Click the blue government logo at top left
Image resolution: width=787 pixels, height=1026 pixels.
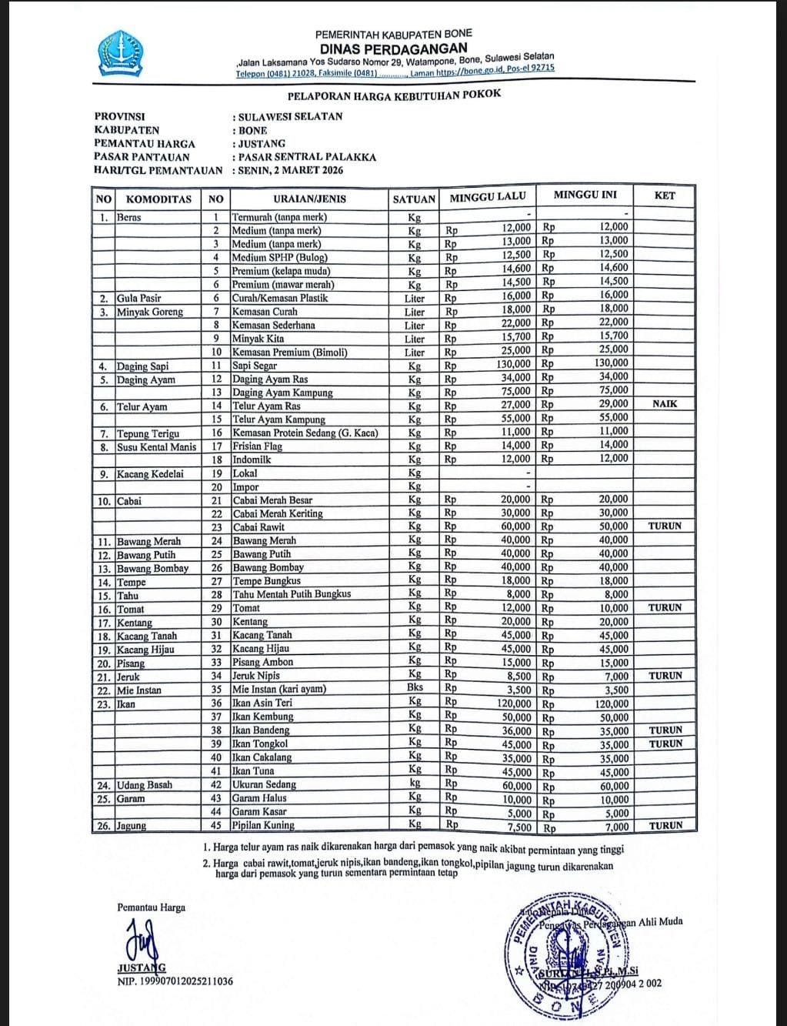121,53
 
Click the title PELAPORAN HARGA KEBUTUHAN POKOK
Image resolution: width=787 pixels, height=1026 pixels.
393,95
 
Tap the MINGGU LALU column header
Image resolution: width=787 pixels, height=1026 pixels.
487,197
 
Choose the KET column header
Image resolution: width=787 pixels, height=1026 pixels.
664,196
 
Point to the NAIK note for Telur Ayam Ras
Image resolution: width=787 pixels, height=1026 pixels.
664,404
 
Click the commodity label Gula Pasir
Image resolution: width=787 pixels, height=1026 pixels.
138,298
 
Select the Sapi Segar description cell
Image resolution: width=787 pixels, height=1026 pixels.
255,366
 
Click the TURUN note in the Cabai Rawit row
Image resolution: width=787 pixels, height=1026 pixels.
665,526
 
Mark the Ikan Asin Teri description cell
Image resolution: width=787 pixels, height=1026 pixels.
262,703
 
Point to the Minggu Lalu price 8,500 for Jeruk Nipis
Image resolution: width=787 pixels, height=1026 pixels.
515,676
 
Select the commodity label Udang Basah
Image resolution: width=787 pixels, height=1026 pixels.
145,785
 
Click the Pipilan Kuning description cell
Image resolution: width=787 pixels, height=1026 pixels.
263,825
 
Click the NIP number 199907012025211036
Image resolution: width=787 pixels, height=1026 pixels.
175,981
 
